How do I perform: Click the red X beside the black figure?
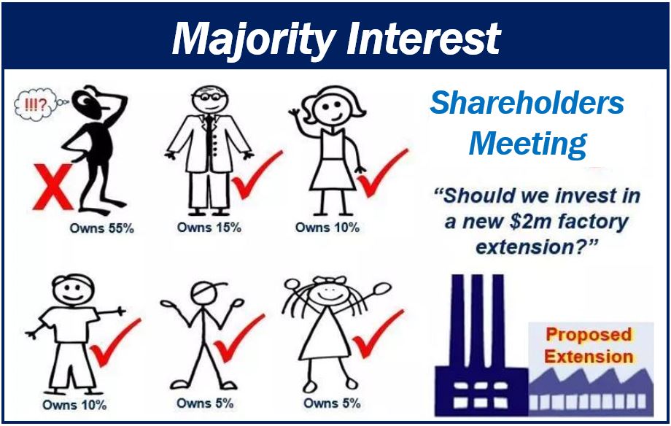[x=53, y=187]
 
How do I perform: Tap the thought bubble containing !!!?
[x=36, y=104]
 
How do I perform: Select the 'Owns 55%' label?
[x=102, y=228]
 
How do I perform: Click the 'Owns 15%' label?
[x=209, y=228]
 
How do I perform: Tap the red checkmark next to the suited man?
[x=256, y=174]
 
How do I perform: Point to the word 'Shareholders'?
[x=527, y=103]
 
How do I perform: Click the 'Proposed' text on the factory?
[x=589, y=334]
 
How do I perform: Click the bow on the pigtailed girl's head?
[x=329, y=280]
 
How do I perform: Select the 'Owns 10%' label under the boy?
[x=74, y=405]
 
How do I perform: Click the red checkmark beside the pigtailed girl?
[x=378, y=334]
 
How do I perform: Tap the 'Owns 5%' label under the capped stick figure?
[x=205, y=403]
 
